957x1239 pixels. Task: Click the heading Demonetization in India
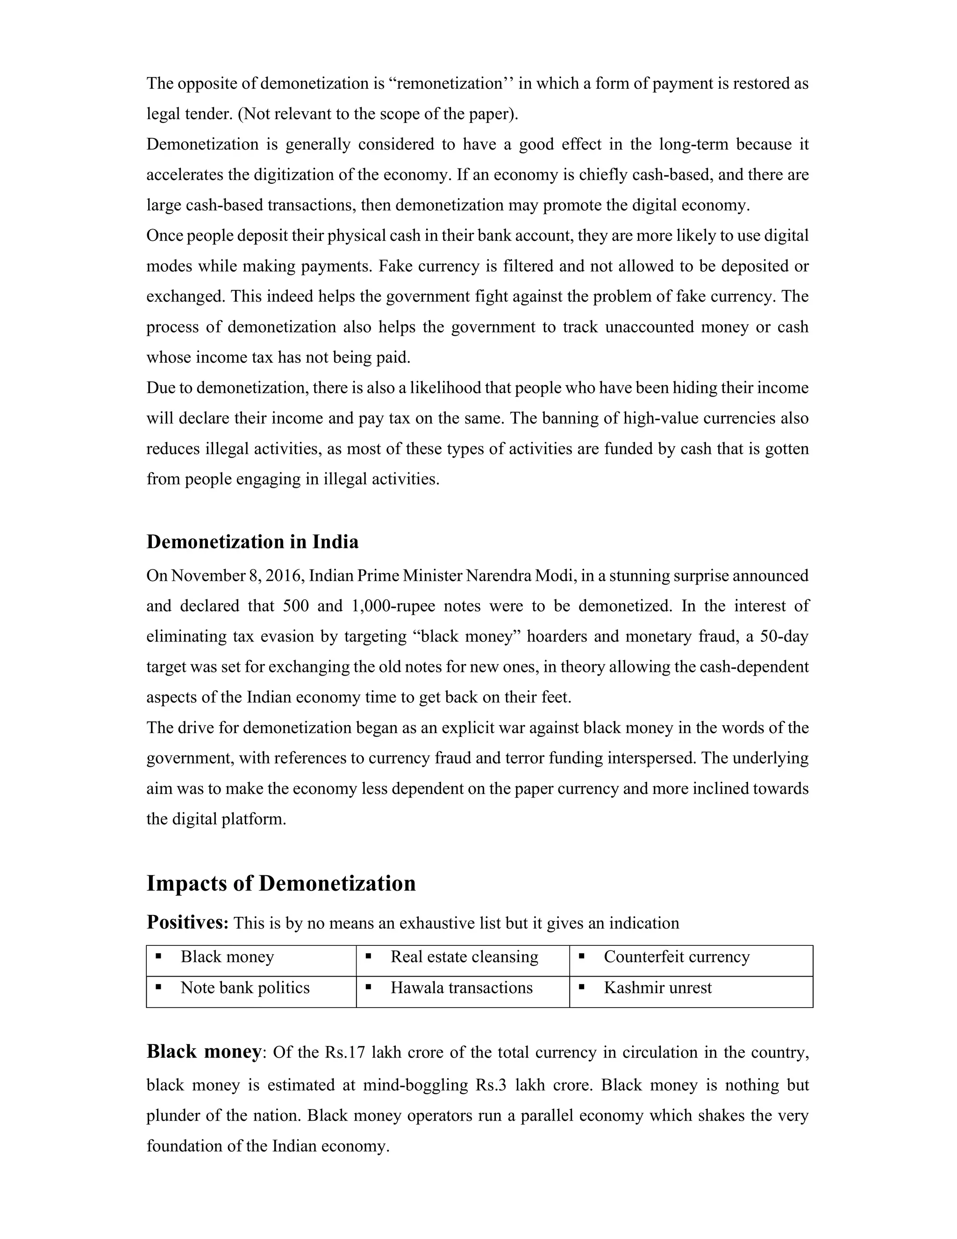[252, 542]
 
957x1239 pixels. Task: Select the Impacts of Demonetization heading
[281, 883]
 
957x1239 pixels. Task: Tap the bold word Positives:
[187, 922]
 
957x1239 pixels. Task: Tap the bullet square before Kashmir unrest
[581, 987]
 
